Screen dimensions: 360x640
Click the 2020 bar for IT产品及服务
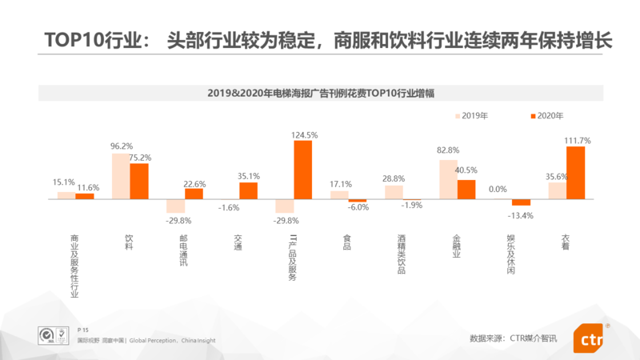(x=302, y=170)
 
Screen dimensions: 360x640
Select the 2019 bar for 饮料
(x=120, y=176)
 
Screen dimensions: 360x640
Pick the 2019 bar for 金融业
(x=448, y=179)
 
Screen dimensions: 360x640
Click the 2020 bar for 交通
(x=248, y=190)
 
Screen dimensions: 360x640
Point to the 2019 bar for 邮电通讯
(x=175, y=206)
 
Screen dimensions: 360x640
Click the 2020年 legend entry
(x=545, y=116)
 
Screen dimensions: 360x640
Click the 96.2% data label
(x=122, y=146)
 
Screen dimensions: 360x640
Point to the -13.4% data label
(x=521, y=215)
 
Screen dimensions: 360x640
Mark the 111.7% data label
(x=577, y=141)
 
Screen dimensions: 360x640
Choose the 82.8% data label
(x=448, y=150)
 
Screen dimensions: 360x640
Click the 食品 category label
(x=346, y=242)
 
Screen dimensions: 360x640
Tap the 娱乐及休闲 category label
(x=510, y=255)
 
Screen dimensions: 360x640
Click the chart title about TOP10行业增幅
(x=320, y=93)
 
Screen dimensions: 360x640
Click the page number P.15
(x=82, y=330)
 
